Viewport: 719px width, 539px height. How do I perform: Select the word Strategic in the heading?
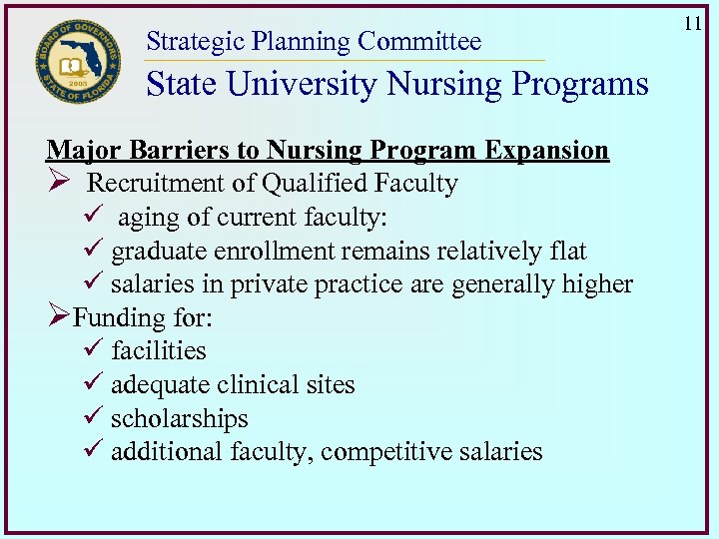195,42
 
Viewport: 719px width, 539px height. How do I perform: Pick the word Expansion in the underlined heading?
547,151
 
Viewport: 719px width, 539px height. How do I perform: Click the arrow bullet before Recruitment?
58,184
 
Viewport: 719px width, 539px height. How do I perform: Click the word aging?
145,218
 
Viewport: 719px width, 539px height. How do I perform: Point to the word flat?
567,252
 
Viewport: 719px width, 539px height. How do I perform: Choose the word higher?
595,284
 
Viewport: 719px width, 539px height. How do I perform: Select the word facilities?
159,351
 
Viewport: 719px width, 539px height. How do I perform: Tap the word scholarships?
179,419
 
